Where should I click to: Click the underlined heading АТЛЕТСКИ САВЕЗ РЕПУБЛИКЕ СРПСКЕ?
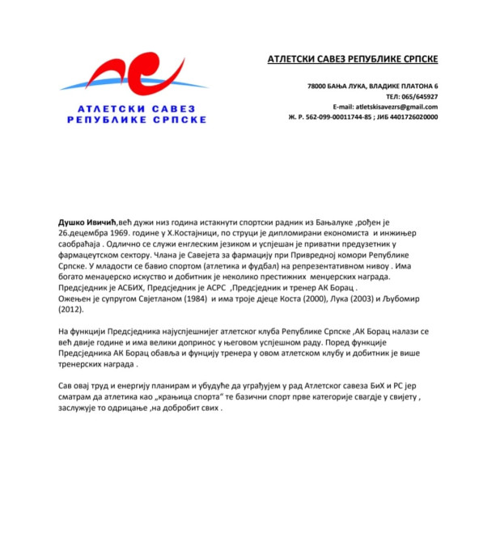pyautogui.click(x=353, y=59)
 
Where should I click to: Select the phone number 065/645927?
pyautogui.click(x=418, y=96)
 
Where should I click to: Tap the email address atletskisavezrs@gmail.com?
pyautogui.click(x=397, y=107)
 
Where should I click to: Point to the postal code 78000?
pyautogui.click(x=318, y=86)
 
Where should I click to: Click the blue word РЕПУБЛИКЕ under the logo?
pyautogui.click(x=103, y=119)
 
